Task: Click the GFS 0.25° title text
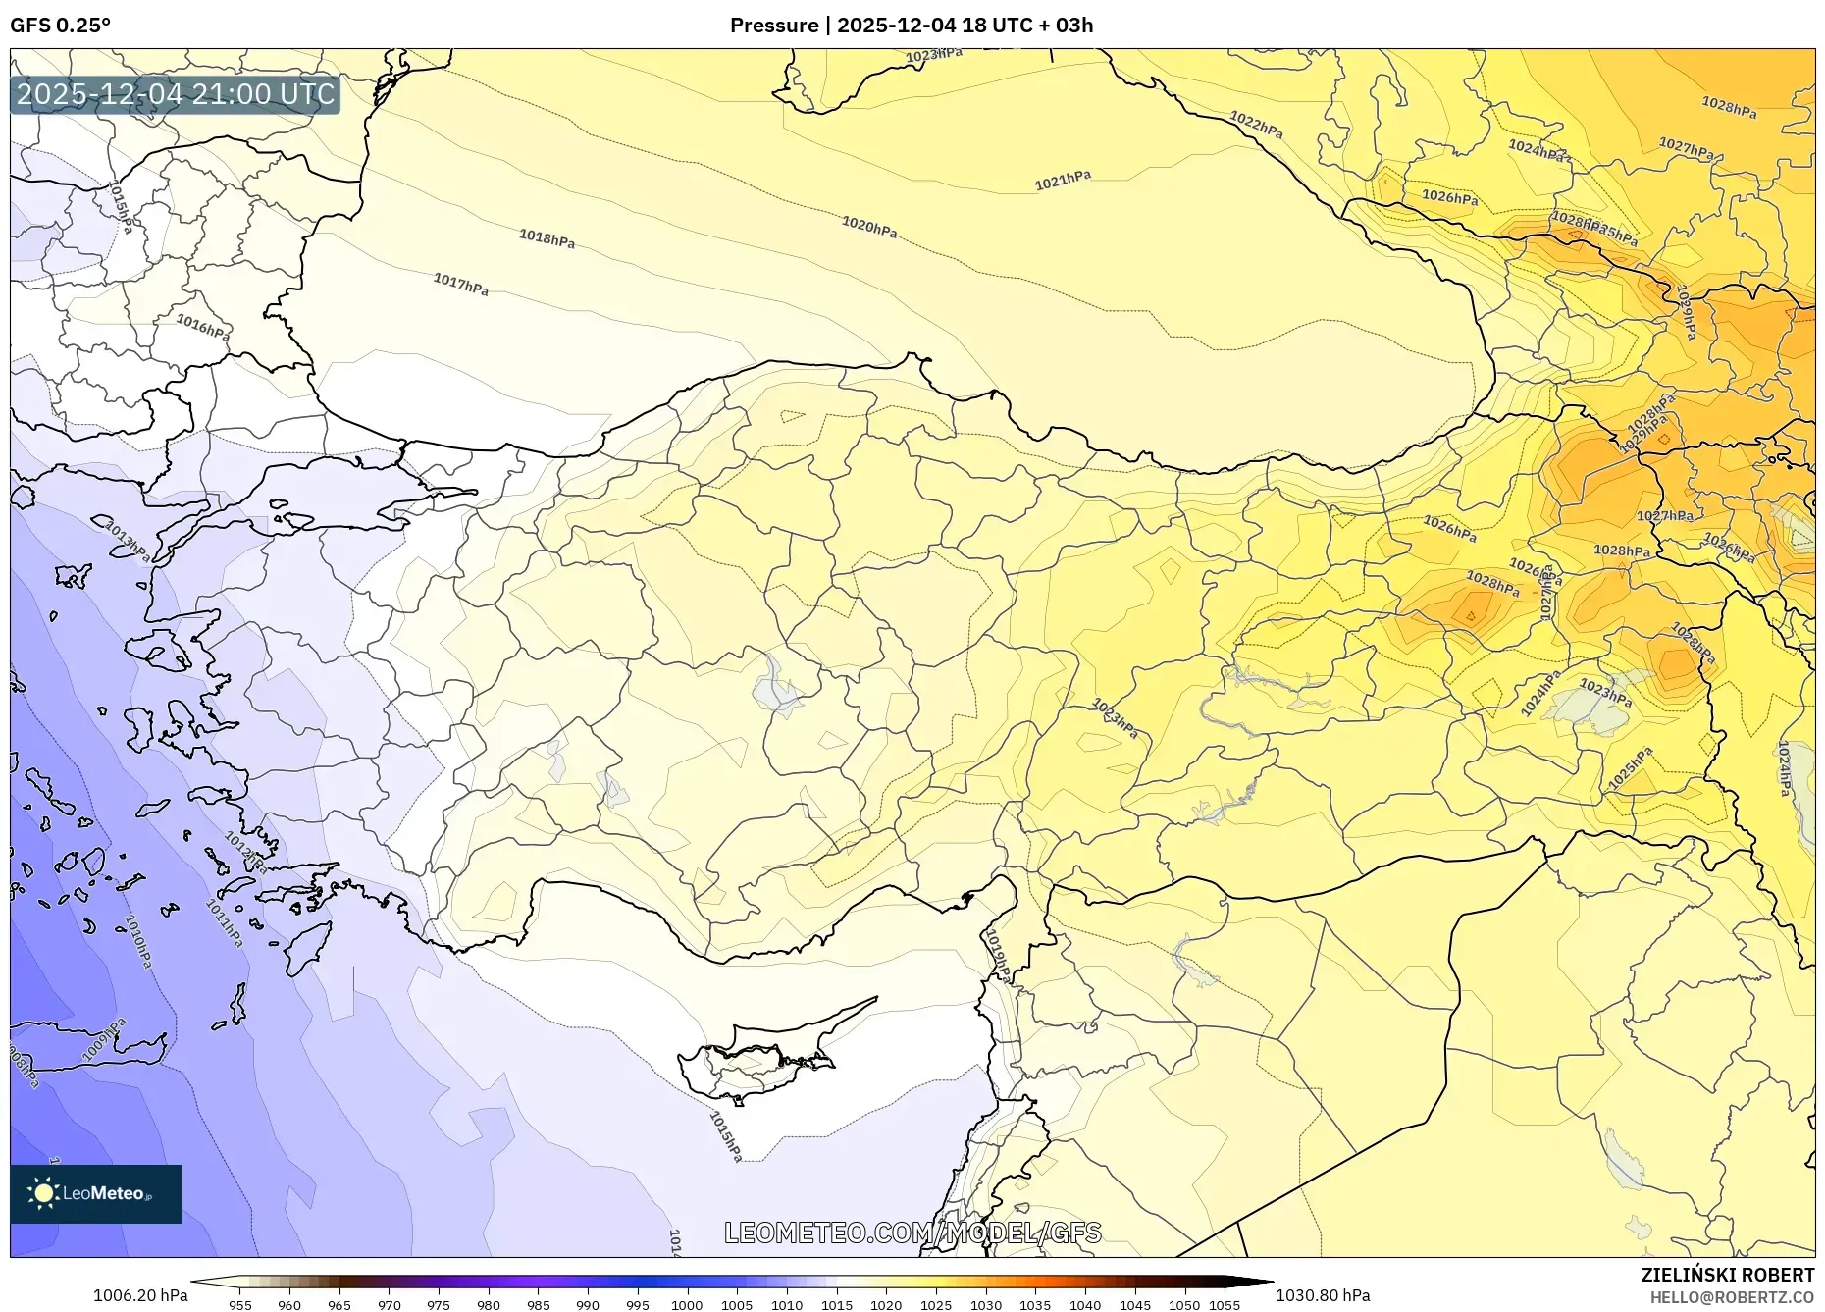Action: [60, 26]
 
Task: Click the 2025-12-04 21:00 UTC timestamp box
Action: [176, 94]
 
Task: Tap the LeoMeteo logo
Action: [95, 1193]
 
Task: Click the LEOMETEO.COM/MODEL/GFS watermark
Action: [912, 1233]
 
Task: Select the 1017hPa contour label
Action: [460, 285]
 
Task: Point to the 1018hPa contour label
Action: [547, 237]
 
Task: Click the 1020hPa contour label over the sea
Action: [868, 227]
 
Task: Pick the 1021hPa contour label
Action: [1063, 181]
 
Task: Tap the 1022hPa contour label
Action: [1256, 125]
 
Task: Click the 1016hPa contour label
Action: [203, 326]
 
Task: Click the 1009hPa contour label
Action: [103, 1039]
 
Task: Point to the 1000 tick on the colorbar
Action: [687, 1305]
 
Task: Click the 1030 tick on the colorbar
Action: [985, 1305]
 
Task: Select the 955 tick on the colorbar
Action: [239, 1305]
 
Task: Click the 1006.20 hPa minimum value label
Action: [139, 1295]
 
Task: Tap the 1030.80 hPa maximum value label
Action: [1322, 1295]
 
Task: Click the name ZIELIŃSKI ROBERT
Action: [1727, 1275]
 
